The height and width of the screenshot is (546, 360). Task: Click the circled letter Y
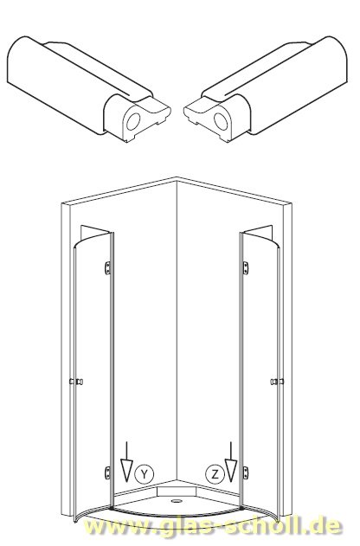tap(145, 473)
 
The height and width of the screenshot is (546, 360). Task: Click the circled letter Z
tap(215, 474)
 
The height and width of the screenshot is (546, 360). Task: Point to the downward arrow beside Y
tap(126, 462)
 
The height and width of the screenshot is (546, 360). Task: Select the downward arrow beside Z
tap(230, 462)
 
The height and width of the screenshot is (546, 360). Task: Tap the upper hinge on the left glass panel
tap(108, 267)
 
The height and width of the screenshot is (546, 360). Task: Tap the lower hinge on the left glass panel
tap(108, 472)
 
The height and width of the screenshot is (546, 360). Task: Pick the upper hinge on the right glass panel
tap(246, 267)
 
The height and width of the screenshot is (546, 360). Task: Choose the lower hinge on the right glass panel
tap(246, 472)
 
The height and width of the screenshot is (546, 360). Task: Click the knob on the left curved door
tap(76, 382)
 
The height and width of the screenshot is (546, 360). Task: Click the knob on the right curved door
tap(277, 382)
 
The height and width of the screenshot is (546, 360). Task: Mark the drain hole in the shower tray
tap(177, 501)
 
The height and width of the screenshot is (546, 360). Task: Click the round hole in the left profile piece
tap(132, 121)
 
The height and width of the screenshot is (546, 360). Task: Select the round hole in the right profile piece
tap(221, 121)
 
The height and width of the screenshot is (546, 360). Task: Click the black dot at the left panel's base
tap(111, 508)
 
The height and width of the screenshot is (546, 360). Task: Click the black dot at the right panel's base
tap(241, 508)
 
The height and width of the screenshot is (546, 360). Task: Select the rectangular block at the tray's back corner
tap(177, 491)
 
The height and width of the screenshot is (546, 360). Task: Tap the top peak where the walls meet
tap(177, 178)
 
